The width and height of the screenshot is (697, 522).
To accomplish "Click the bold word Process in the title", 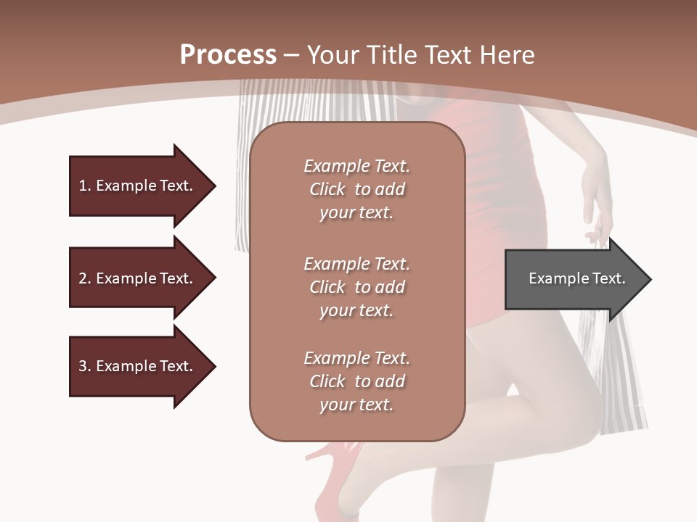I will (228, 55).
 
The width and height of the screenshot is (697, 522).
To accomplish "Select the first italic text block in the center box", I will (356, 189).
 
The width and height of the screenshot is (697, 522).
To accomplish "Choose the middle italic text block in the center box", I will (356, 287).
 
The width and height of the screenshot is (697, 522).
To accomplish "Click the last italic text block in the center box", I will (356, 381).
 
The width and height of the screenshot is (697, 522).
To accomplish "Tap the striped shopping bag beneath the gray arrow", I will (617, 377).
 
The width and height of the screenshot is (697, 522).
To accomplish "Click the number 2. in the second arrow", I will (85, 278).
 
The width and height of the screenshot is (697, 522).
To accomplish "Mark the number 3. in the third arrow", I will (85, 366).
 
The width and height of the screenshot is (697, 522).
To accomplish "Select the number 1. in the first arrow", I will (85, 186).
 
